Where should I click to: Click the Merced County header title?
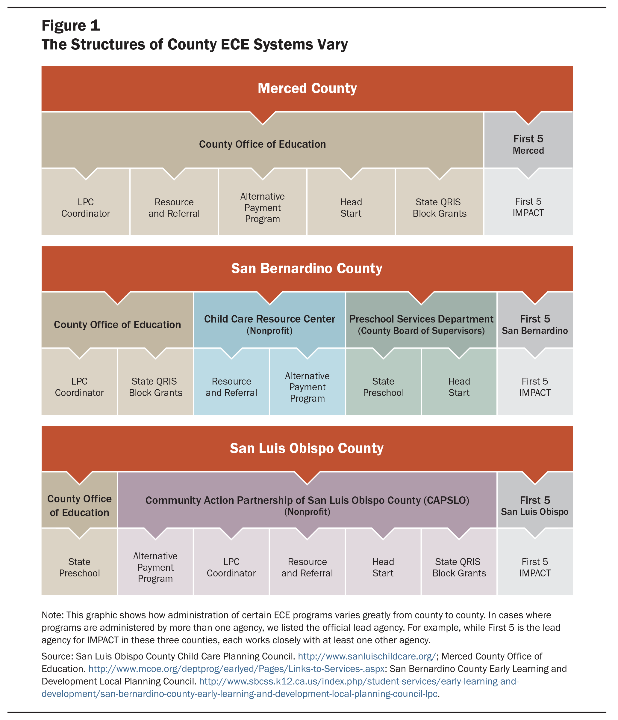tap(307, 88)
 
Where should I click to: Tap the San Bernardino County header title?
tap(307, 268)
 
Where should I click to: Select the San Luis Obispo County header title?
tap(307, 448)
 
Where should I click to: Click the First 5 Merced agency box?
tap(528, 140)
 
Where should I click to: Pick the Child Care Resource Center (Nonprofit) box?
tap(269, 320)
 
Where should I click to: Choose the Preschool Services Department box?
tap(421, 320)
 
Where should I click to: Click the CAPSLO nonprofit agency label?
tap(307, 506)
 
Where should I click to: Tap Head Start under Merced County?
tap(351, 208)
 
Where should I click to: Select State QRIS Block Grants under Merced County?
tap(440, 208)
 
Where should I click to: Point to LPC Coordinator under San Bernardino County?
tap(80, 387)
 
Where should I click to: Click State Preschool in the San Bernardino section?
tap(383, 387)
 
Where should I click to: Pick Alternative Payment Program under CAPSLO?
tap(155, 567)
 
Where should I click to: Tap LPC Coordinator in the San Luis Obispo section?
tap(231, 567)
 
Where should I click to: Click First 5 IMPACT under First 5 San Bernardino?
tap(535, 387)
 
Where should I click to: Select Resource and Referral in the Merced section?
tap(174, 208)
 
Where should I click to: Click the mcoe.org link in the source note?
tap(237, 669)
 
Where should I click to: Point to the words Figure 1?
tap(71, 26)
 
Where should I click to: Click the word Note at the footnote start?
tap(52, 615)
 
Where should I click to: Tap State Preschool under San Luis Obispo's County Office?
tap(80, 567)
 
